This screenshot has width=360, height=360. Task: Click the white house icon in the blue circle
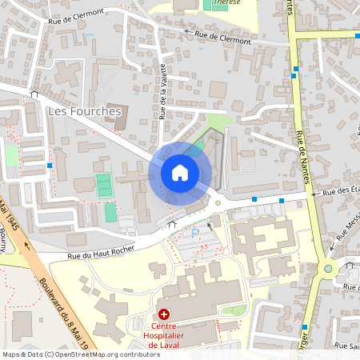tap(180, 173)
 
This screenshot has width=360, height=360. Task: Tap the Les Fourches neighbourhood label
tap(84, 110)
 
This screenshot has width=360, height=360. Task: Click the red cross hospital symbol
tap(164, 315)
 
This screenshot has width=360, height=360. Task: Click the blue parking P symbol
tap(195, 234)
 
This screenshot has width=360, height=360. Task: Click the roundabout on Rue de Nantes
tap(328, 269)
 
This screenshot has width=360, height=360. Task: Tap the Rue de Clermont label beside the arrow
tap(223, 38)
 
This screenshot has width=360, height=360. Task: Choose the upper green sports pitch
tap(104, 185)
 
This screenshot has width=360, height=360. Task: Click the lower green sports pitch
tap(110, 213)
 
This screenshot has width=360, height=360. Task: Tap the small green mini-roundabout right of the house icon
tap(218, 203)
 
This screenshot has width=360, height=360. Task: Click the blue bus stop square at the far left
tap(50, 165)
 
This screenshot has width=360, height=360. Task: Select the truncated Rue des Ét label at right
tap(340, 191)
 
